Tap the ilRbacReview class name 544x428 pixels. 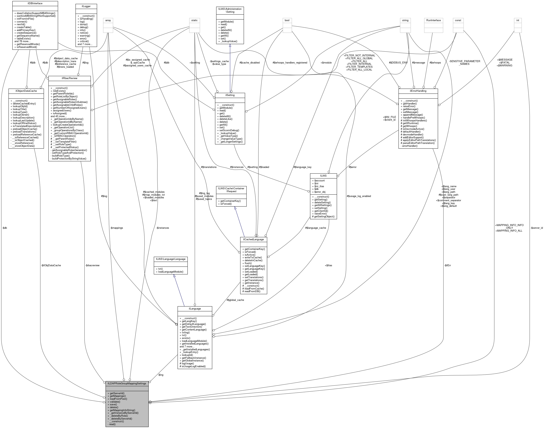pyautogui.click(x=70, y=78)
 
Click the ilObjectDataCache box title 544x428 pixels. pyautogui.click(x=26, y=91)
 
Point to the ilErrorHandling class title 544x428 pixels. pyautogui.click(x=418, y=91)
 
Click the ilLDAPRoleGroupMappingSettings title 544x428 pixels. pyautogui.click(x=127, y=383)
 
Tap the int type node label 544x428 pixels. pyautogui.click(x=518, y=20)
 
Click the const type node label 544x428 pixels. pyautogui.click(x=458, y=20)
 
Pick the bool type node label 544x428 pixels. pyautogui.click(x=287, y=20)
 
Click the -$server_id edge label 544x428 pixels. pyautogui.click(x=537, y=228)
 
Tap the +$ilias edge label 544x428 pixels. pyautogui.click(x=328, y=265)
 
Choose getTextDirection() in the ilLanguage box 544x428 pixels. pyautogui.click(x=192, y=327)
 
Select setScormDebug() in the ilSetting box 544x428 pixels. pyautogui.click(x=229, y=130)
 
